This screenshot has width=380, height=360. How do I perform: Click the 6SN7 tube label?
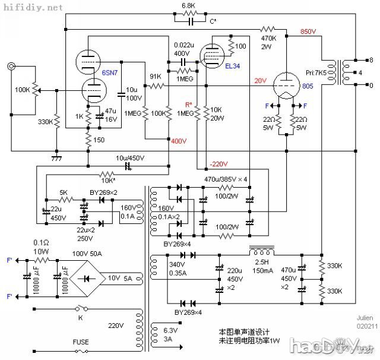tap(109, 72)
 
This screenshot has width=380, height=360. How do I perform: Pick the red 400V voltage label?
tap(179, 141)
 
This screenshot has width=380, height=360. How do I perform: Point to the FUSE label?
tap(81, 342)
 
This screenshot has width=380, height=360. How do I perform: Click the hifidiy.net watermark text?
tap(32, 8)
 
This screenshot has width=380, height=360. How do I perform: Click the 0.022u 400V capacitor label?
tap(183, 49)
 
